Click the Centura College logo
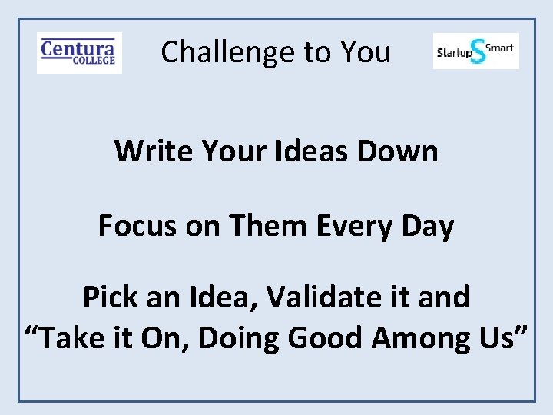tap(79, 52)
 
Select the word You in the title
tap(366, 52)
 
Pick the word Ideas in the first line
tap(312, 151)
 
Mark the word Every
tap(343, 226)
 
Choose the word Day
tap(427, 226)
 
